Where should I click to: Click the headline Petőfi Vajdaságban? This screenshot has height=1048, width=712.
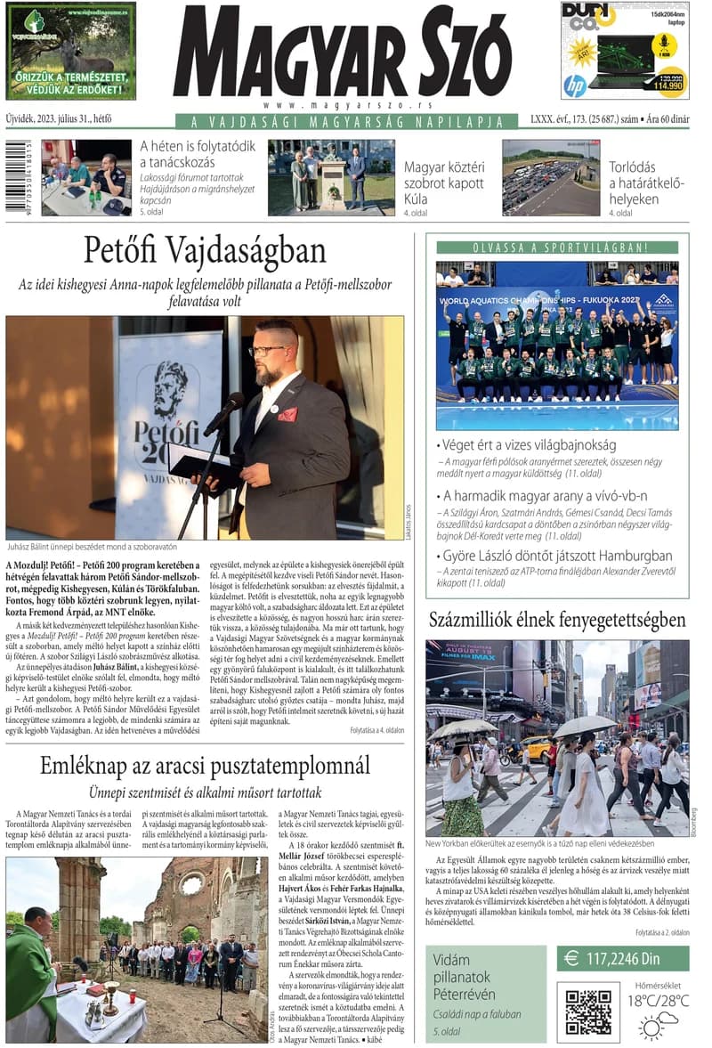(205, 252)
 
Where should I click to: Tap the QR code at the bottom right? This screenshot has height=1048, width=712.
(587, 1011)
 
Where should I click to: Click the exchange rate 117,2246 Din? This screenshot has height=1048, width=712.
(623, 958)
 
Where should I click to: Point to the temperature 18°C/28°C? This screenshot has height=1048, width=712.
(659, 1000)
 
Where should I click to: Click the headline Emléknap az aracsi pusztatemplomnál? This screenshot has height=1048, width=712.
(205, 765)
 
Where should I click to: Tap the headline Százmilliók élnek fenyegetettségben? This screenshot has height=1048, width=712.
(557, 620)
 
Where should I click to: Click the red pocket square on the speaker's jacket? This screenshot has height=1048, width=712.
(287, 414)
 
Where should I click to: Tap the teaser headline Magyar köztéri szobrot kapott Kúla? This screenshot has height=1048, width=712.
(444, 183)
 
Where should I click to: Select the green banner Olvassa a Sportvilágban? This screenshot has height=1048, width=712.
(557, 247)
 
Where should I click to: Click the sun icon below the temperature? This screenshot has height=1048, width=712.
(651, 1027)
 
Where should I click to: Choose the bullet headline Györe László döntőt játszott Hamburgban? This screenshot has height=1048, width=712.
(557, 556)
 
